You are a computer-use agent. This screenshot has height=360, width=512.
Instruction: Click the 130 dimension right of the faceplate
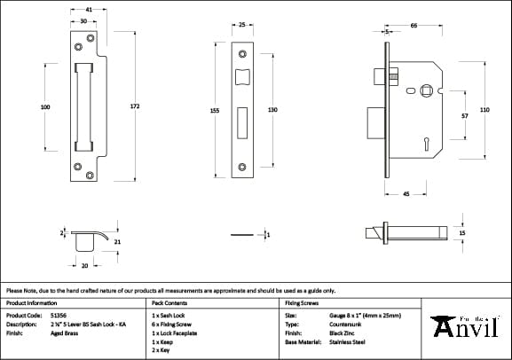273,110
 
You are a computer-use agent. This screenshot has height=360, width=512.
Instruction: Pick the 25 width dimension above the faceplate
242,25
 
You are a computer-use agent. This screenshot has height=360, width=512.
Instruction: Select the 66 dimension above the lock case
414,27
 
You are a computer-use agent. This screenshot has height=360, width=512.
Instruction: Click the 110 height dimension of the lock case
484,109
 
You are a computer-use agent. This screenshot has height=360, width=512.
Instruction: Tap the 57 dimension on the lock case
463,115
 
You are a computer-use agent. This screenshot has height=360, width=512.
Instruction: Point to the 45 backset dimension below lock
405,194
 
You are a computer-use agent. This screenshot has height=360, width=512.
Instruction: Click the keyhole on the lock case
426,139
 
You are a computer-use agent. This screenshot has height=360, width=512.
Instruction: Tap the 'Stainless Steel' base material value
348,340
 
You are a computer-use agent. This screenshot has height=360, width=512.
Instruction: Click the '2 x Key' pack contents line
161,349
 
